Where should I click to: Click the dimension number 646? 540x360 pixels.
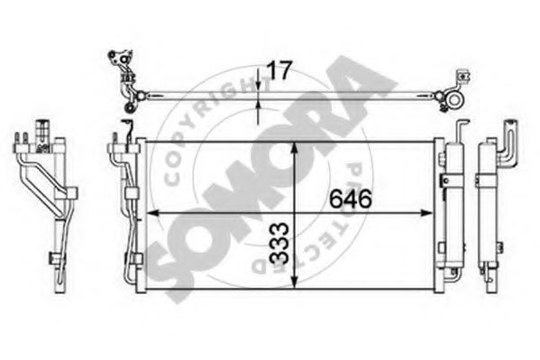tap(351, 199)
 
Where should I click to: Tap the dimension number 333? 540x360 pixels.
tap(279, 244)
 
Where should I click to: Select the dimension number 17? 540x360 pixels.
tap(279, 70)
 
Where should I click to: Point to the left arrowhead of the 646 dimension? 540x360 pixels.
tap(152, 213)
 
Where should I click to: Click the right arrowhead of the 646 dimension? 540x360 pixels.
tap(427, 213)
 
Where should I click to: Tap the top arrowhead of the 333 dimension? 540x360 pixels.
tap(294, 148)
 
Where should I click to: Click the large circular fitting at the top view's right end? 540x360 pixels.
tap(454, 100)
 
